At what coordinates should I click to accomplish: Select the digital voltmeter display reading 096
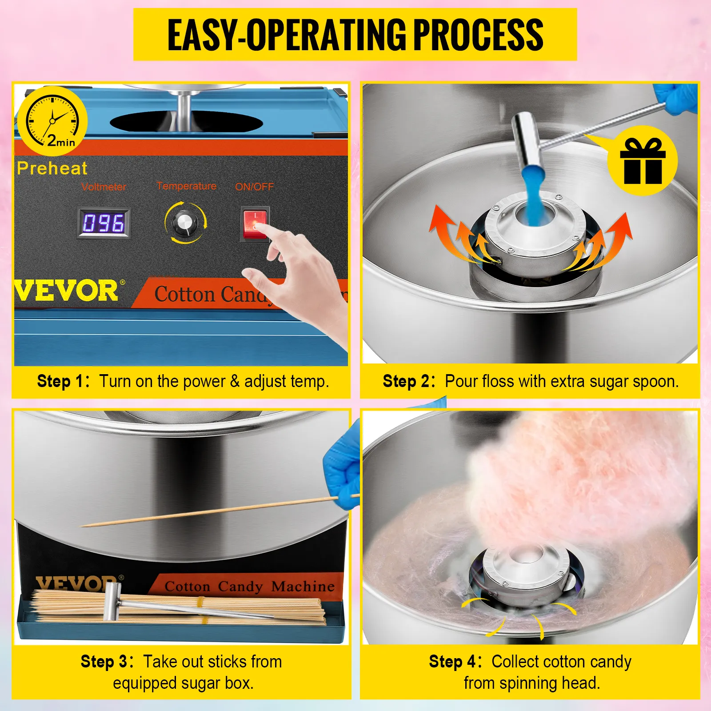tap(104, 223)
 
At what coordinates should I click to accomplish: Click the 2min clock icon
tap(52, 121)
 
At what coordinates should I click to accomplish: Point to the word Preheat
tap(52, 168)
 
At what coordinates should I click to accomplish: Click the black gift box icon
tap(643, 160)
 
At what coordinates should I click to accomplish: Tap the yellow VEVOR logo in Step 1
tap(67, 292)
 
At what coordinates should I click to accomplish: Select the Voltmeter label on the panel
tap(104, 187)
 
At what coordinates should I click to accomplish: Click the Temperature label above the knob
tap(187, 186)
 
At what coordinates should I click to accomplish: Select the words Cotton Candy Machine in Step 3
tap(249, 587)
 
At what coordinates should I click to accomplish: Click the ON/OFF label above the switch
tap(254, 187)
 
